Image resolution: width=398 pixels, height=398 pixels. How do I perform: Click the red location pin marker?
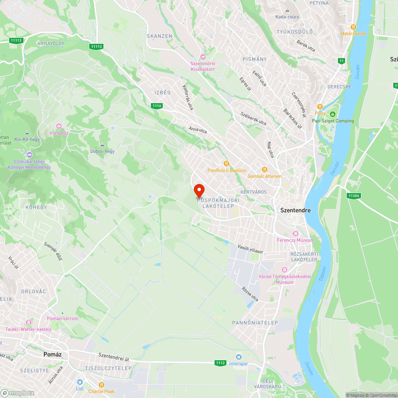pyautogui.click(x=199, y=190)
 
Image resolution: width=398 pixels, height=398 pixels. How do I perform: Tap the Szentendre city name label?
pyautogui.click(x=295, y=210)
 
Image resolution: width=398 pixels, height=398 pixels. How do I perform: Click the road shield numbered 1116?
pyautogui.click(x=157, y=105)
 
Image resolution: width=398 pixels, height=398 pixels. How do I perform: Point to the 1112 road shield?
pyautogui.click(x=221, y=363)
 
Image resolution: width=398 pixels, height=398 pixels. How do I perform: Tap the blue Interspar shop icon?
pyautogui.click(x=239, y=357)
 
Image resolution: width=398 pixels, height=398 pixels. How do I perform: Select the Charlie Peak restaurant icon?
pyautogui.click(x=101, y=385)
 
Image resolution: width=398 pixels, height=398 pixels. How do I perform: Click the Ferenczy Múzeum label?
pyautogui.click(x=295, y=240)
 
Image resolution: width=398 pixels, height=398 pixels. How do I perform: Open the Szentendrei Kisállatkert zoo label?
pyautogui.click(x=203, y=66)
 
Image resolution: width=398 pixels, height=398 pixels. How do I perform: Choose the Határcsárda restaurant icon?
pyautogui.click(x=353, y=27)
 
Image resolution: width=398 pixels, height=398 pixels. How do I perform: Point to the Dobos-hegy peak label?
pyautogui.click(x=103, y=151)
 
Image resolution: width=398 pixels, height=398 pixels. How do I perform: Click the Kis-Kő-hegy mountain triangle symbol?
pyautogui.click(x=27, y=133)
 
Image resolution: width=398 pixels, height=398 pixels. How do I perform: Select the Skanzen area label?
pyautogui.click(x=160, y=36)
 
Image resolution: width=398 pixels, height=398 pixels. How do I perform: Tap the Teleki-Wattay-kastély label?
pyautogui.click(x=28, y=329)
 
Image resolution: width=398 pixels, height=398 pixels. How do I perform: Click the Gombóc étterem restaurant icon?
pyautogui.click(x=264, y=170)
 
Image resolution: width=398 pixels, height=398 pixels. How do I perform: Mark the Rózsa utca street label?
pyautogui.click(x=250, y=294)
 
